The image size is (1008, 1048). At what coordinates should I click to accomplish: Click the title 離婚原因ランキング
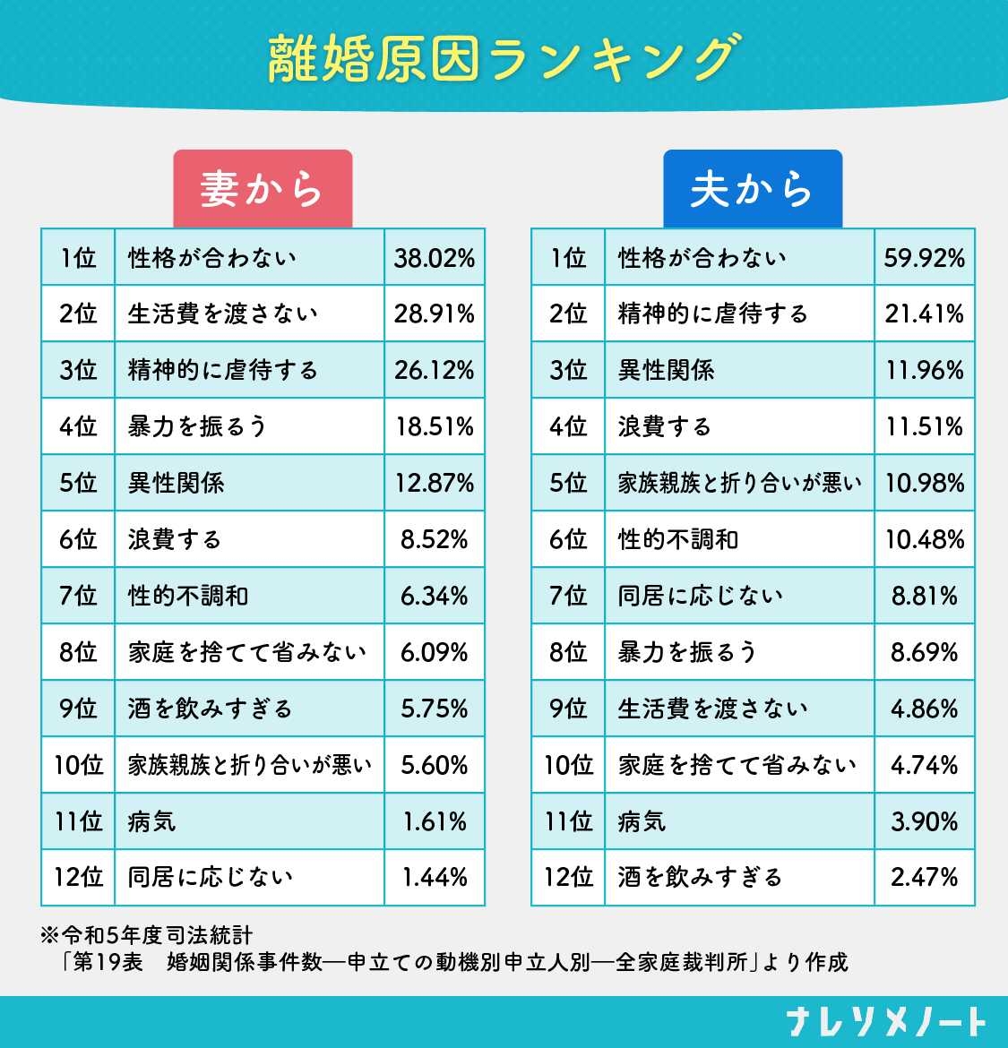point(504,59)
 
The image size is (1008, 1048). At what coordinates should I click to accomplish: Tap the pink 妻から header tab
point(262,189)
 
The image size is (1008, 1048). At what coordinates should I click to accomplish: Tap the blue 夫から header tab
point(752,189)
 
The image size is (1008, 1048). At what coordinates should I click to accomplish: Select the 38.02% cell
point(434,258)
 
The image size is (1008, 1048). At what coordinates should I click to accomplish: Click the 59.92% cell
point(924,258)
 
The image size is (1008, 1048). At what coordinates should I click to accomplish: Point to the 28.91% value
point(434,314)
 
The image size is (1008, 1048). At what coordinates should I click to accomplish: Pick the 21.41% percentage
point(924,314)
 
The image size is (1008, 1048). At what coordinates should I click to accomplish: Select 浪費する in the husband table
point(664,426)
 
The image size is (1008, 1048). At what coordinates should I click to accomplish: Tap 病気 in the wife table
point(151,821)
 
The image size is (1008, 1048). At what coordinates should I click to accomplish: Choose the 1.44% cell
point(434,877)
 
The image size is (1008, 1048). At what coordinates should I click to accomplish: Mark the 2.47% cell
point(924,877)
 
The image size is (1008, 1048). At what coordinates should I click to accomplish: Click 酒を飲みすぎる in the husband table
point(700,877)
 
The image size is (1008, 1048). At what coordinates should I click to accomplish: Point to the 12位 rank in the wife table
point(78,877)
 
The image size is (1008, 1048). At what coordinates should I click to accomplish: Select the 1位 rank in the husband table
point(568,258)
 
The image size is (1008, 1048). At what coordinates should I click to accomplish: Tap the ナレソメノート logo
point(885,1021)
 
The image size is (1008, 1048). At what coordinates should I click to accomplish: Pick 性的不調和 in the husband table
point(678,539)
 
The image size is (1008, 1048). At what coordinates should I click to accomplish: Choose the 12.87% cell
point(434,483)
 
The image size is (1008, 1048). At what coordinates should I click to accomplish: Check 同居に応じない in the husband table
point(700,596)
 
